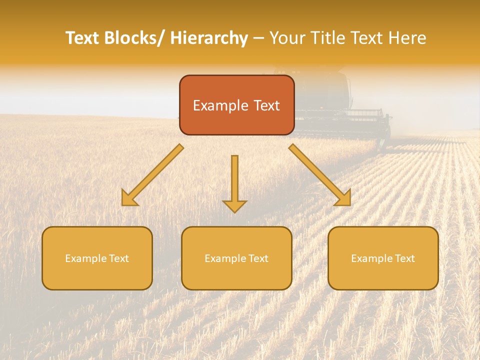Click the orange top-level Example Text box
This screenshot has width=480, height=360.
(236, 105)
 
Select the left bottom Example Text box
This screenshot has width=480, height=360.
(97, 258)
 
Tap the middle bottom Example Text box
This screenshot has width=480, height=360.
(236, 258)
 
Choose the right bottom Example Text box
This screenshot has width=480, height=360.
(383, 258)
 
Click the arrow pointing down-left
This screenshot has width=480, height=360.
(152, 175)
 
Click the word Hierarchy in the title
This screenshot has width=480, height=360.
(209, 38)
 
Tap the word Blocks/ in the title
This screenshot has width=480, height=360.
(136, 38)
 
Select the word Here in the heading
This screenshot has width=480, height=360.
(408, 38)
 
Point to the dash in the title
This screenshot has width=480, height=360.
(258, 38)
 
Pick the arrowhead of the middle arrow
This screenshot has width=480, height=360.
(234, 205)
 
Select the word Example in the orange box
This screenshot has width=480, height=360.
(220, 105)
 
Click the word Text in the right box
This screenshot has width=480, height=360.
(405, 258)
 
